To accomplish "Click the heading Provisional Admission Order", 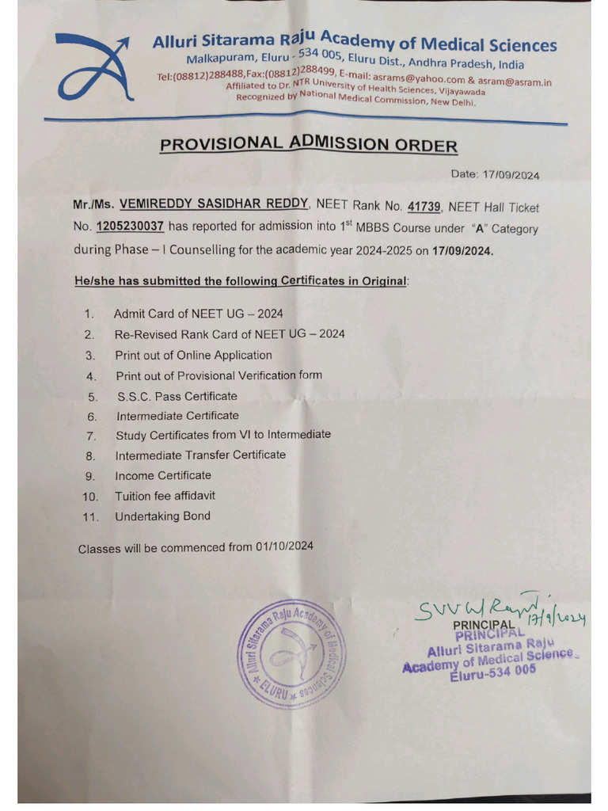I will [309, 144].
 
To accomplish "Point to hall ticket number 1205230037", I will [131, 227].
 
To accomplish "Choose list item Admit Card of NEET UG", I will [199, 314].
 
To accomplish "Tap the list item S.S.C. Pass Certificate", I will [177, 396].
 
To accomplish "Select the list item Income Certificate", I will [163, 475].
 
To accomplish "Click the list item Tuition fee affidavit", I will [165, 496].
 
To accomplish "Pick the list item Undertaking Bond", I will [162, 516].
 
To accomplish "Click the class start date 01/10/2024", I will [284, 546].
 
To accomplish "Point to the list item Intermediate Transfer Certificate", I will [200, 455].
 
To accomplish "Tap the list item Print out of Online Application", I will [193, 355].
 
